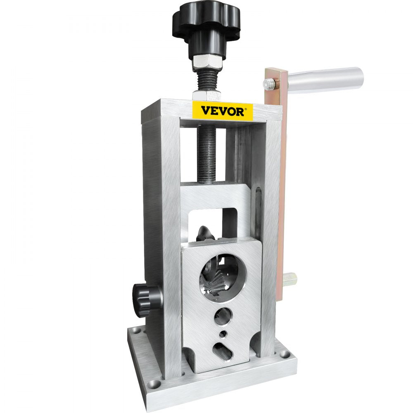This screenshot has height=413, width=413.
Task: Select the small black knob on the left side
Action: point(141,297)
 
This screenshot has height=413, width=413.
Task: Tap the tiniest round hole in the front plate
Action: point(223,334)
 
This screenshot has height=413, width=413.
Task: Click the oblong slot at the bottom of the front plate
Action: point(223,351)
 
